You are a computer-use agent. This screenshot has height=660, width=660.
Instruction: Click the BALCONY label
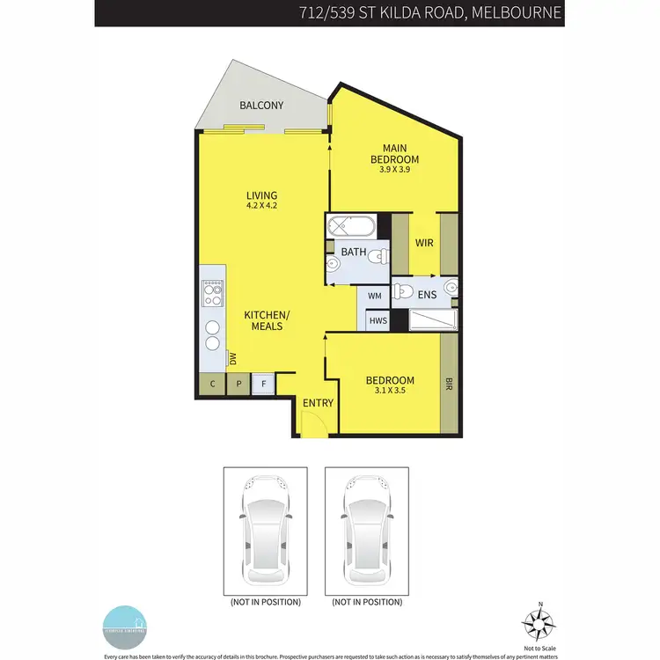[261, 106]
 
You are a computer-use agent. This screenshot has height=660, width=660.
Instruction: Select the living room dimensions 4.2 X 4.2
[261, 206]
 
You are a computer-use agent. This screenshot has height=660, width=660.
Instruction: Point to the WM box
[375, 297]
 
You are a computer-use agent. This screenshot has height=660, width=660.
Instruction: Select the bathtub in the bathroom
[351, 227]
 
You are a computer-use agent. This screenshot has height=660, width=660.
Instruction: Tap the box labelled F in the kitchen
[262, 384]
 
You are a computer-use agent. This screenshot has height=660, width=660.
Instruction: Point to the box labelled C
[212, 384]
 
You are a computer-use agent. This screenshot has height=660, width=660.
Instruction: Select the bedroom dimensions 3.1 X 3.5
[390, 390]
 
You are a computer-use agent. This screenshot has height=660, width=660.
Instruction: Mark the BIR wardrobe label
[449, 384]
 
